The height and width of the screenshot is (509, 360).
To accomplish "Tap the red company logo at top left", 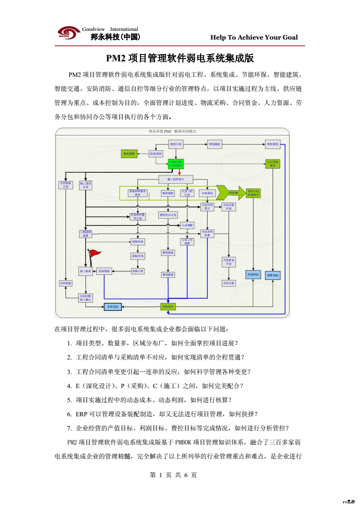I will coord(68,33).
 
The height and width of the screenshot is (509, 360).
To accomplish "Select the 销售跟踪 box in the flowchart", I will coord(214,144).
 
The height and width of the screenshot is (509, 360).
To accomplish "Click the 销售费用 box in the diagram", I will coord(273,144).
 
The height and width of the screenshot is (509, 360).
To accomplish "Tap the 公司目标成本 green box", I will coord(273,164).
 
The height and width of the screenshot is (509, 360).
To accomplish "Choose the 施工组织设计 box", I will coord(177,179).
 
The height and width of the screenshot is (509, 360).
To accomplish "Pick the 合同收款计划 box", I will coord(66,185).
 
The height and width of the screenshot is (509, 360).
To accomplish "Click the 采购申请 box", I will coord(138,241).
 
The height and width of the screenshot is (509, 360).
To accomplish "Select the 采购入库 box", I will coord(138,271).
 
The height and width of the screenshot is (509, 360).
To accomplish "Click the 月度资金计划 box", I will coord(229,262).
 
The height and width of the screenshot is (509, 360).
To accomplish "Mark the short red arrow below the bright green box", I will coord(180,172).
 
